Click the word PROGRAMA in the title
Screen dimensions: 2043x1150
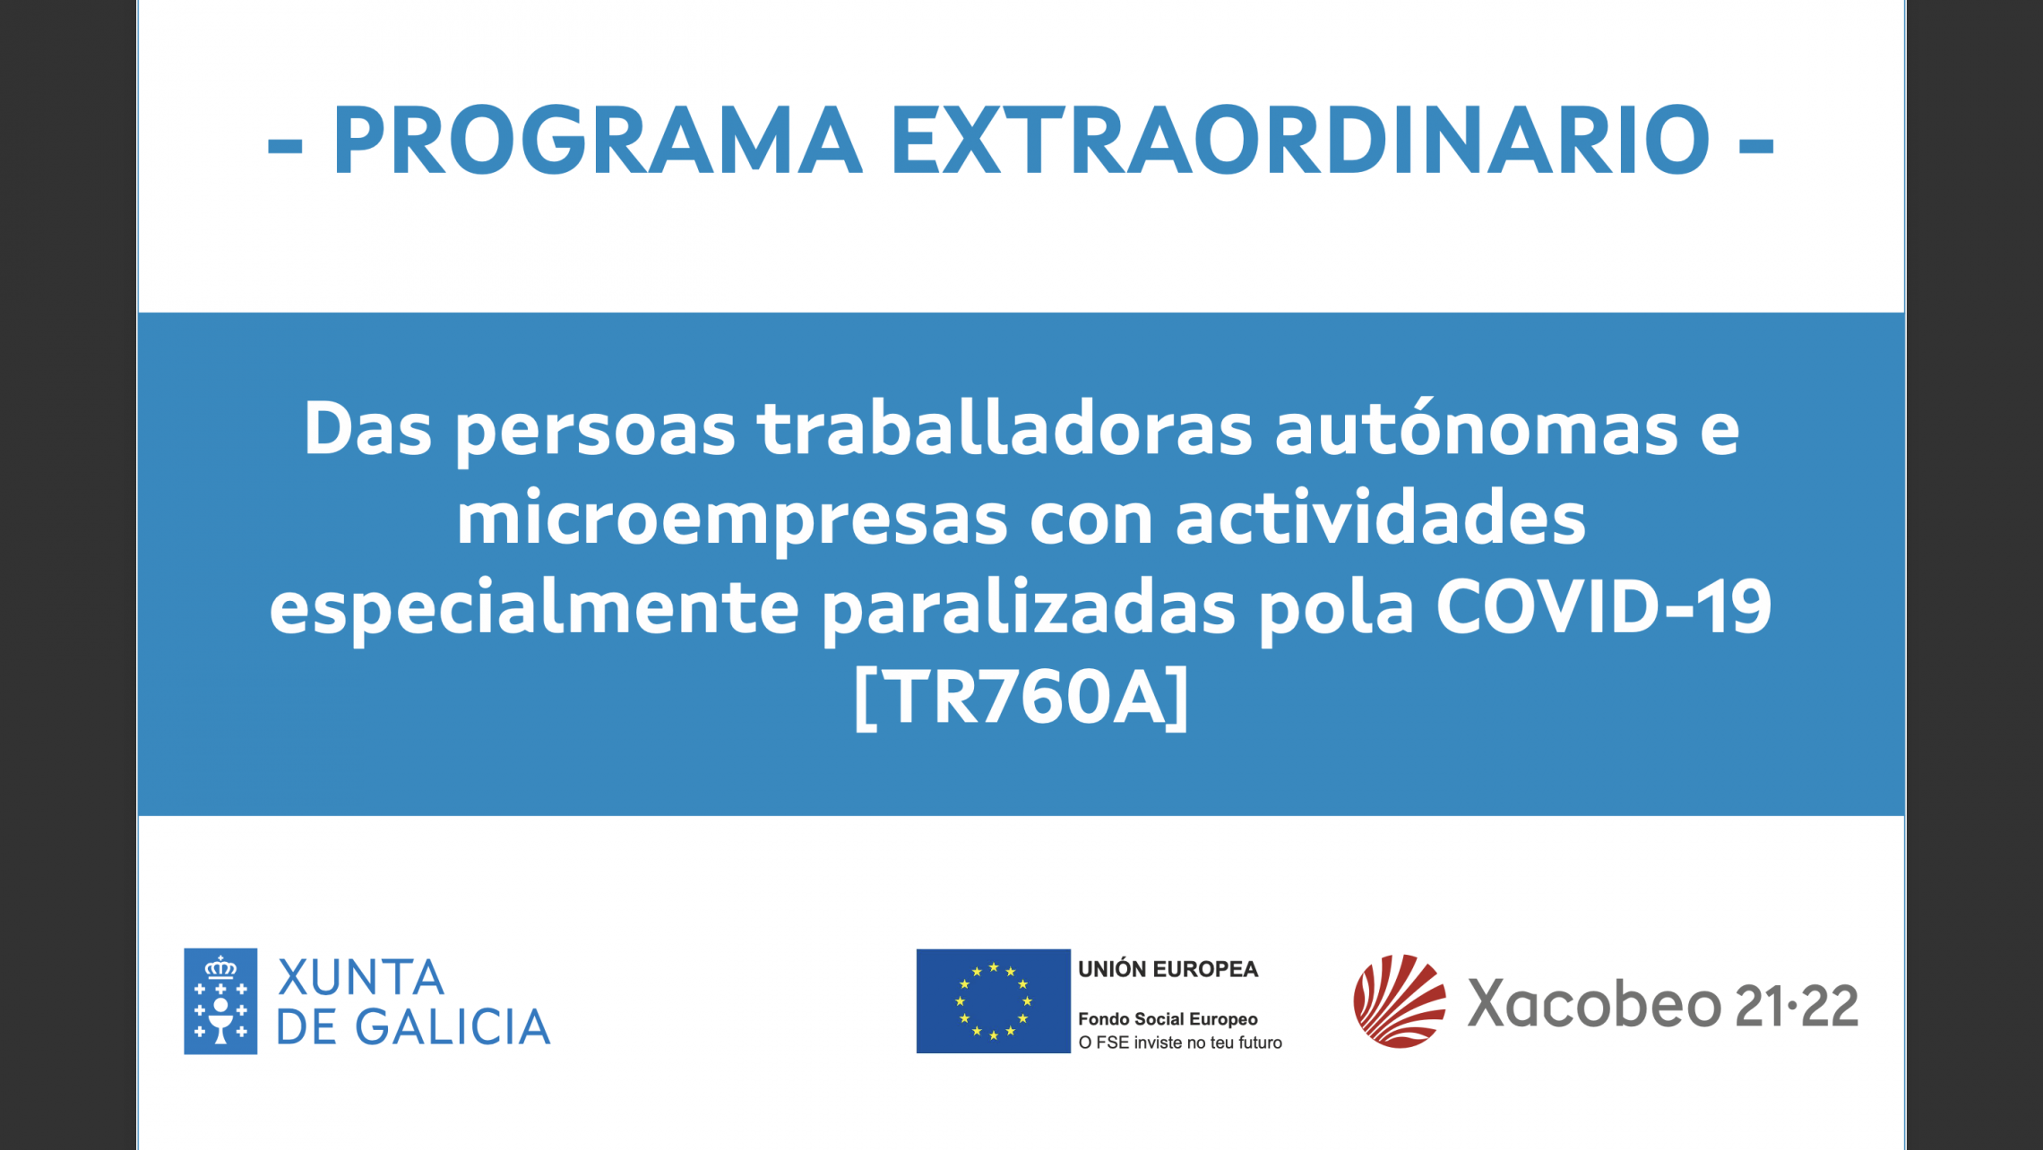[598, 140]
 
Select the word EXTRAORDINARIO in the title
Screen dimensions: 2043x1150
[1301, 140]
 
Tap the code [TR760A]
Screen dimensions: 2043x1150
[1021, 698]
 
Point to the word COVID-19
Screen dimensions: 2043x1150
[1604, 606]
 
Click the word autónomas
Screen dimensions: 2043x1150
[1476, 427]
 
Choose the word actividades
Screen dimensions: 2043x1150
[1380, 517]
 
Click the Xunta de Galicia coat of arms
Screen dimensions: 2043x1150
[220, 1001]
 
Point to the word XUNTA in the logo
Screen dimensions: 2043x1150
[361, 977]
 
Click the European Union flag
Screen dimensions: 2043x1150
[993, 1001]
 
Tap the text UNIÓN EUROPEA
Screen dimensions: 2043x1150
[1168, 969]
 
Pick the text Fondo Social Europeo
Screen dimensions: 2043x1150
[1168, 1019]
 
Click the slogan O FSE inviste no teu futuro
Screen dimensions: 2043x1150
[1180, 1043]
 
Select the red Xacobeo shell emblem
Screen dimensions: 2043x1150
[1400, 1001]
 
